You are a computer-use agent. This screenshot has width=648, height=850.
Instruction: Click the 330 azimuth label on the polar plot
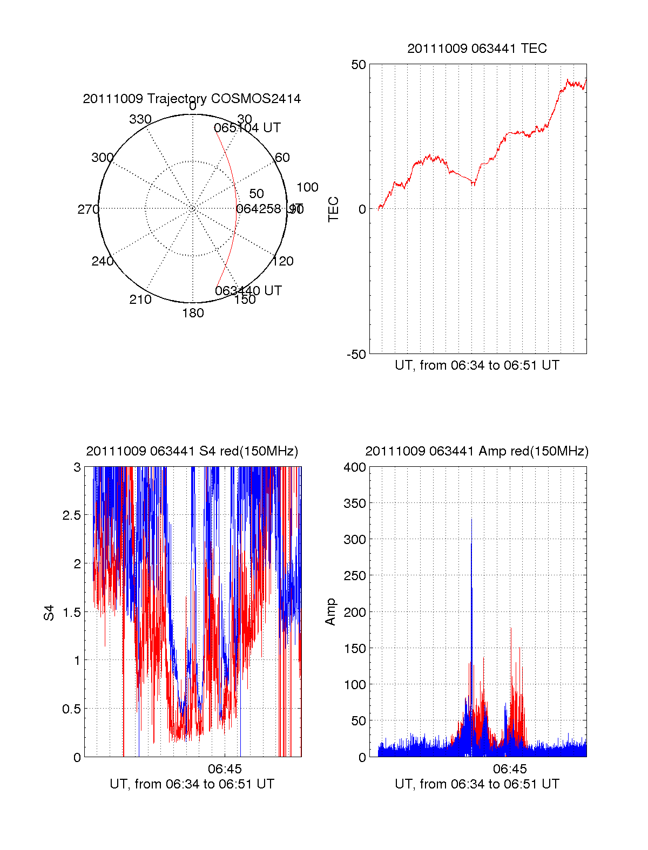140,119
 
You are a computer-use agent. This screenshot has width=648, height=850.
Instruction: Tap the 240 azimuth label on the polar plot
103,261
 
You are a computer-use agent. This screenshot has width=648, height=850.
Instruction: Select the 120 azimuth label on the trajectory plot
283,261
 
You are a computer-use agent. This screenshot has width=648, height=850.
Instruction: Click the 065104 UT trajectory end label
247,128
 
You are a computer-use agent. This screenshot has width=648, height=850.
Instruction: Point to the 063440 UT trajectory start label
248,290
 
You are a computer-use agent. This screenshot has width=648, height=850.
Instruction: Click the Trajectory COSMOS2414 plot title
192,99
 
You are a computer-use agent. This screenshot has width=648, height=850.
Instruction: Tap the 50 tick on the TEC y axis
359,65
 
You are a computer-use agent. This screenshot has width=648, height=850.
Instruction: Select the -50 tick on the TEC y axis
356,355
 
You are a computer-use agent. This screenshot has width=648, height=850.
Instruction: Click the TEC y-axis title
334,209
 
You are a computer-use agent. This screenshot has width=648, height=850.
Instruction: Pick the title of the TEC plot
477,49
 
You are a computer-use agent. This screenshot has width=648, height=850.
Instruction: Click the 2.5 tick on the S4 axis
72,515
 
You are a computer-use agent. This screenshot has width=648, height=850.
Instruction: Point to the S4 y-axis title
49,613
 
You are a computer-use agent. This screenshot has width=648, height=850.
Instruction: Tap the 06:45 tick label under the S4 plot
225,769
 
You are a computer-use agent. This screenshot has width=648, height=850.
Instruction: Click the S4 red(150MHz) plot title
192,451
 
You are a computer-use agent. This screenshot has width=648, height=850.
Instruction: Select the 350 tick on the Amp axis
355,504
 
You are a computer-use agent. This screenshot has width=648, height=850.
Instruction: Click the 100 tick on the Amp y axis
355,685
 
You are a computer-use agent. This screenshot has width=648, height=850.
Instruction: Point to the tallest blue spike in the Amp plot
471,521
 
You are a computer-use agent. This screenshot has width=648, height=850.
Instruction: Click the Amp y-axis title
330,612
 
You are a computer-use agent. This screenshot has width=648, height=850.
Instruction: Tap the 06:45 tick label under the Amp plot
510,769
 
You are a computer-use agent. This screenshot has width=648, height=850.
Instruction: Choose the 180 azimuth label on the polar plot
193,313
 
